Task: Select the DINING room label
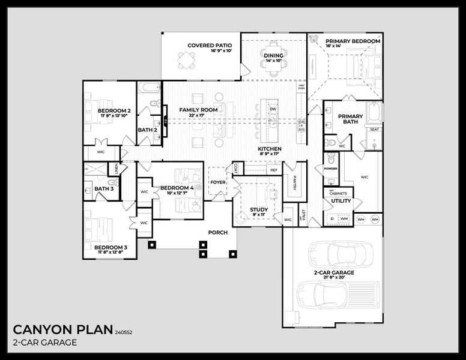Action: (x=273, y=56)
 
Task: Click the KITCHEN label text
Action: (x=270, y=149)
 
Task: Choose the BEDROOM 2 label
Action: (x=114, y=111)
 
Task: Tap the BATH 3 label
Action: (x=104, y=189)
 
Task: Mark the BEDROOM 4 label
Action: (x=177, y=188)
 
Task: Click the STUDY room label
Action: (x=259, y=210)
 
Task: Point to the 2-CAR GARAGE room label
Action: (x=334, y=273)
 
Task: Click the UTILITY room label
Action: (x=341, y=201)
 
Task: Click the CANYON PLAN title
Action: (x=62, y=329)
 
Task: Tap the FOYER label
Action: (x=217, y=182)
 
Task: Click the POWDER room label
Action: (x=331, y=169)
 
